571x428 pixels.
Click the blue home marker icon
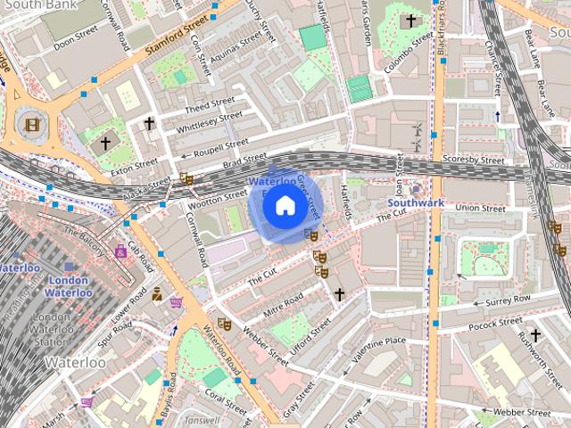coord(285,206)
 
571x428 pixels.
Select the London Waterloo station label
coord(68,286)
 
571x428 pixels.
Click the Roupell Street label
coord(223,144)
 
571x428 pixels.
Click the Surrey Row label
coord(508,299)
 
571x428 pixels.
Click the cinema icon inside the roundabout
coord(32,124)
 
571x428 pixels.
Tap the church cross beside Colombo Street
coord(410,21)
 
